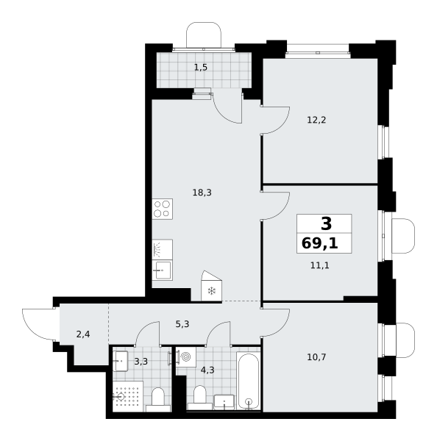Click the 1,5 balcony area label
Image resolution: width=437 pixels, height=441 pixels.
(x=201, y=68)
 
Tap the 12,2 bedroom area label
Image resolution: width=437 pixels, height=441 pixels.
(x=316, y=120)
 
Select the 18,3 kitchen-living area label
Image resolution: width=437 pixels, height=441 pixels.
(x=202, y=193)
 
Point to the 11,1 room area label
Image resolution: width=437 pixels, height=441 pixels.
(x=320, y=265)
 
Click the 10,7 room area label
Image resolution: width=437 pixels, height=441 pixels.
(x=316, y=357)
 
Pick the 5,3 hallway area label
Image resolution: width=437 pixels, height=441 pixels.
(x=182, y=324)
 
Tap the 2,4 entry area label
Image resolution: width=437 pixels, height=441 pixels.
(x=83, y=334)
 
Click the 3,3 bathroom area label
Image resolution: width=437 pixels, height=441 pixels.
(x=141, y=362)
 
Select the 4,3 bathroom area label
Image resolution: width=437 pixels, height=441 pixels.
(x=207, y=370)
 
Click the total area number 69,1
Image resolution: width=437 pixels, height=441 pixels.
(x=320, y=243)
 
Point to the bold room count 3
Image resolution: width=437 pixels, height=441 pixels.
(x=327, y=224)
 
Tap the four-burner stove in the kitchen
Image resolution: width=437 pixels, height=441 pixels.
(x=163, y=209)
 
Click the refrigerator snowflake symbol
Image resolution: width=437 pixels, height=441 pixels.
(x=211, y=291)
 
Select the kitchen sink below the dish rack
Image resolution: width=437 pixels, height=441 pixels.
(x=163, y=270)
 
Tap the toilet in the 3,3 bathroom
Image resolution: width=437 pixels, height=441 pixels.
(x=158, y=400)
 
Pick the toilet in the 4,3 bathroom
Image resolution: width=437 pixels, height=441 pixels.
(x=200, y=398)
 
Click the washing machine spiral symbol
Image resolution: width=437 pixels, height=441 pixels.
(x=186, y=357)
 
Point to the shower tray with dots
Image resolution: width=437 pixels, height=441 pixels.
(x=128, y=397)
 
